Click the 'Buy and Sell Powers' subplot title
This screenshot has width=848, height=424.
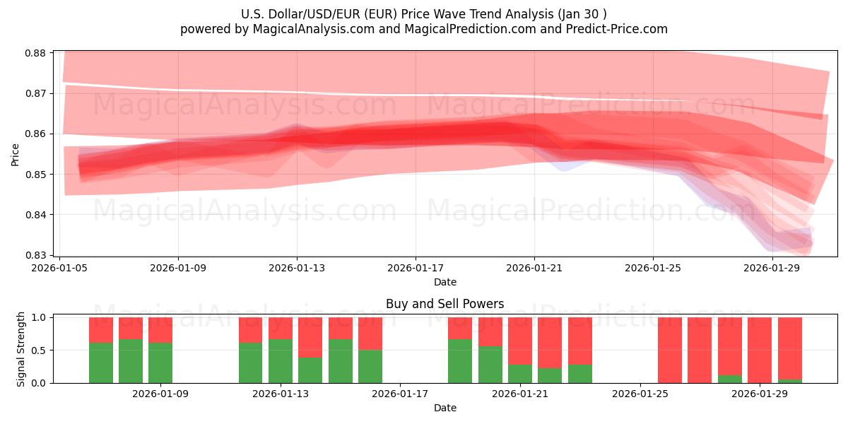point(444,304)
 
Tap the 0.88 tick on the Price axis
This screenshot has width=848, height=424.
point(36,53)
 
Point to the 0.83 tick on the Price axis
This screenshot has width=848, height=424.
point(36,255)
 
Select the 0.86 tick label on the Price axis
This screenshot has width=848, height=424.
point(36,134)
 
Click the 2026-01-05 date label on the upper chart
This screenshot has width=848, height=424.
point(59,269)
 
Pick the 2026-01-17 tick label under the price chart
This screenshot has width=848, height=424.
point(415,269)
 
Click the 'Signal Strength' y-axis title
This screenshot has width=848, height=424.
point(21,349)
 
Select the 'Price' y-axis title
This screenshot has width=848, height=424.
point(16,154)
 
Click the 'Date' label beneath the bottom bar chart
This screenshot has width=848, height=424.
point(444,408)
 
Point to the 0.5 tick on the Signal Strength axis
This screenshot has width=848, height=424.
point(40,351)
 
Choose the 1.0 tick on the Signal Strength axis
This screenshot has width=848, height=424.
point(40,318)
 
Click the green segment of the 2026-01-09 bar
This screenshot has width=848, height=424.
point(160,363)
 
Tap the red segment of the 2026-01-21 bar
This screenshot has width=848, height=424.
point(520,341)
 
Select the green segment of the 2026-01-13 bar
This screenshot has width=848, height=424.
point(281,361)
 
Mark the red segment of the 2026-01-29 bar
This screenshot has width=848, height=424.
point(760,349)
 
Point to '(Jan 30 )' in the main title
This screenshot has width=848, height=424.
point(581,14)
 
